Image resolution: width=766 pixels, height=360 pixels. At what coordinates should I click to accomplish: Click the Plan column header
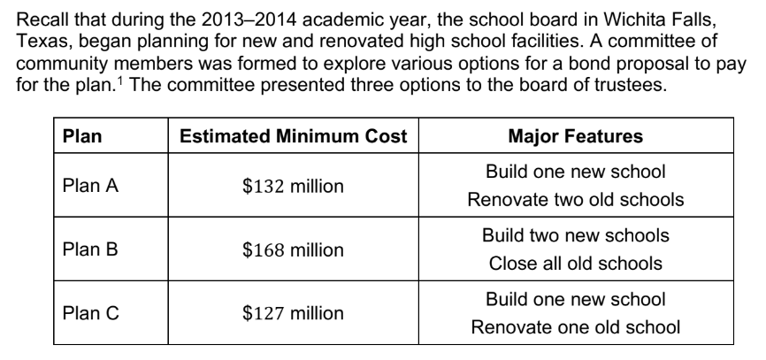(x=82, y=137)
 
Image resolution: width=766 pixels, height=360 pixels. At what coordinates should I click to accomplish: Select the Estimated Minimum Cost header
(x=293, y=137)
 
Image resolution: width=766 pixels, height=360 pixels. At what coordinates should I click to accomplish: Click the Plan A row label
(x=89, y=186)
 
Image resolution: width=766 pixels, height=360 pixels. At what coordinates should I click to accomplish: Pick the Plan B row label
(x=89, y=249)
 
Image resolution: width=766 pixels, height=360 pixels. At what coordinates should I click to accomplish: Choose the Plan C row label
(x=89, y=312)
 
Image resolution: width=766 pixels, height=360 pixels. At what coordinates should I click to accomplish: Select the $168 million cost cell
(x=293, y=249)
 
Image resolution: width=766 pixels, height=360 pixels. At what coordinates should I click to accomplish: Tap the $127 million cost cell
(x=293, y=312)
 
